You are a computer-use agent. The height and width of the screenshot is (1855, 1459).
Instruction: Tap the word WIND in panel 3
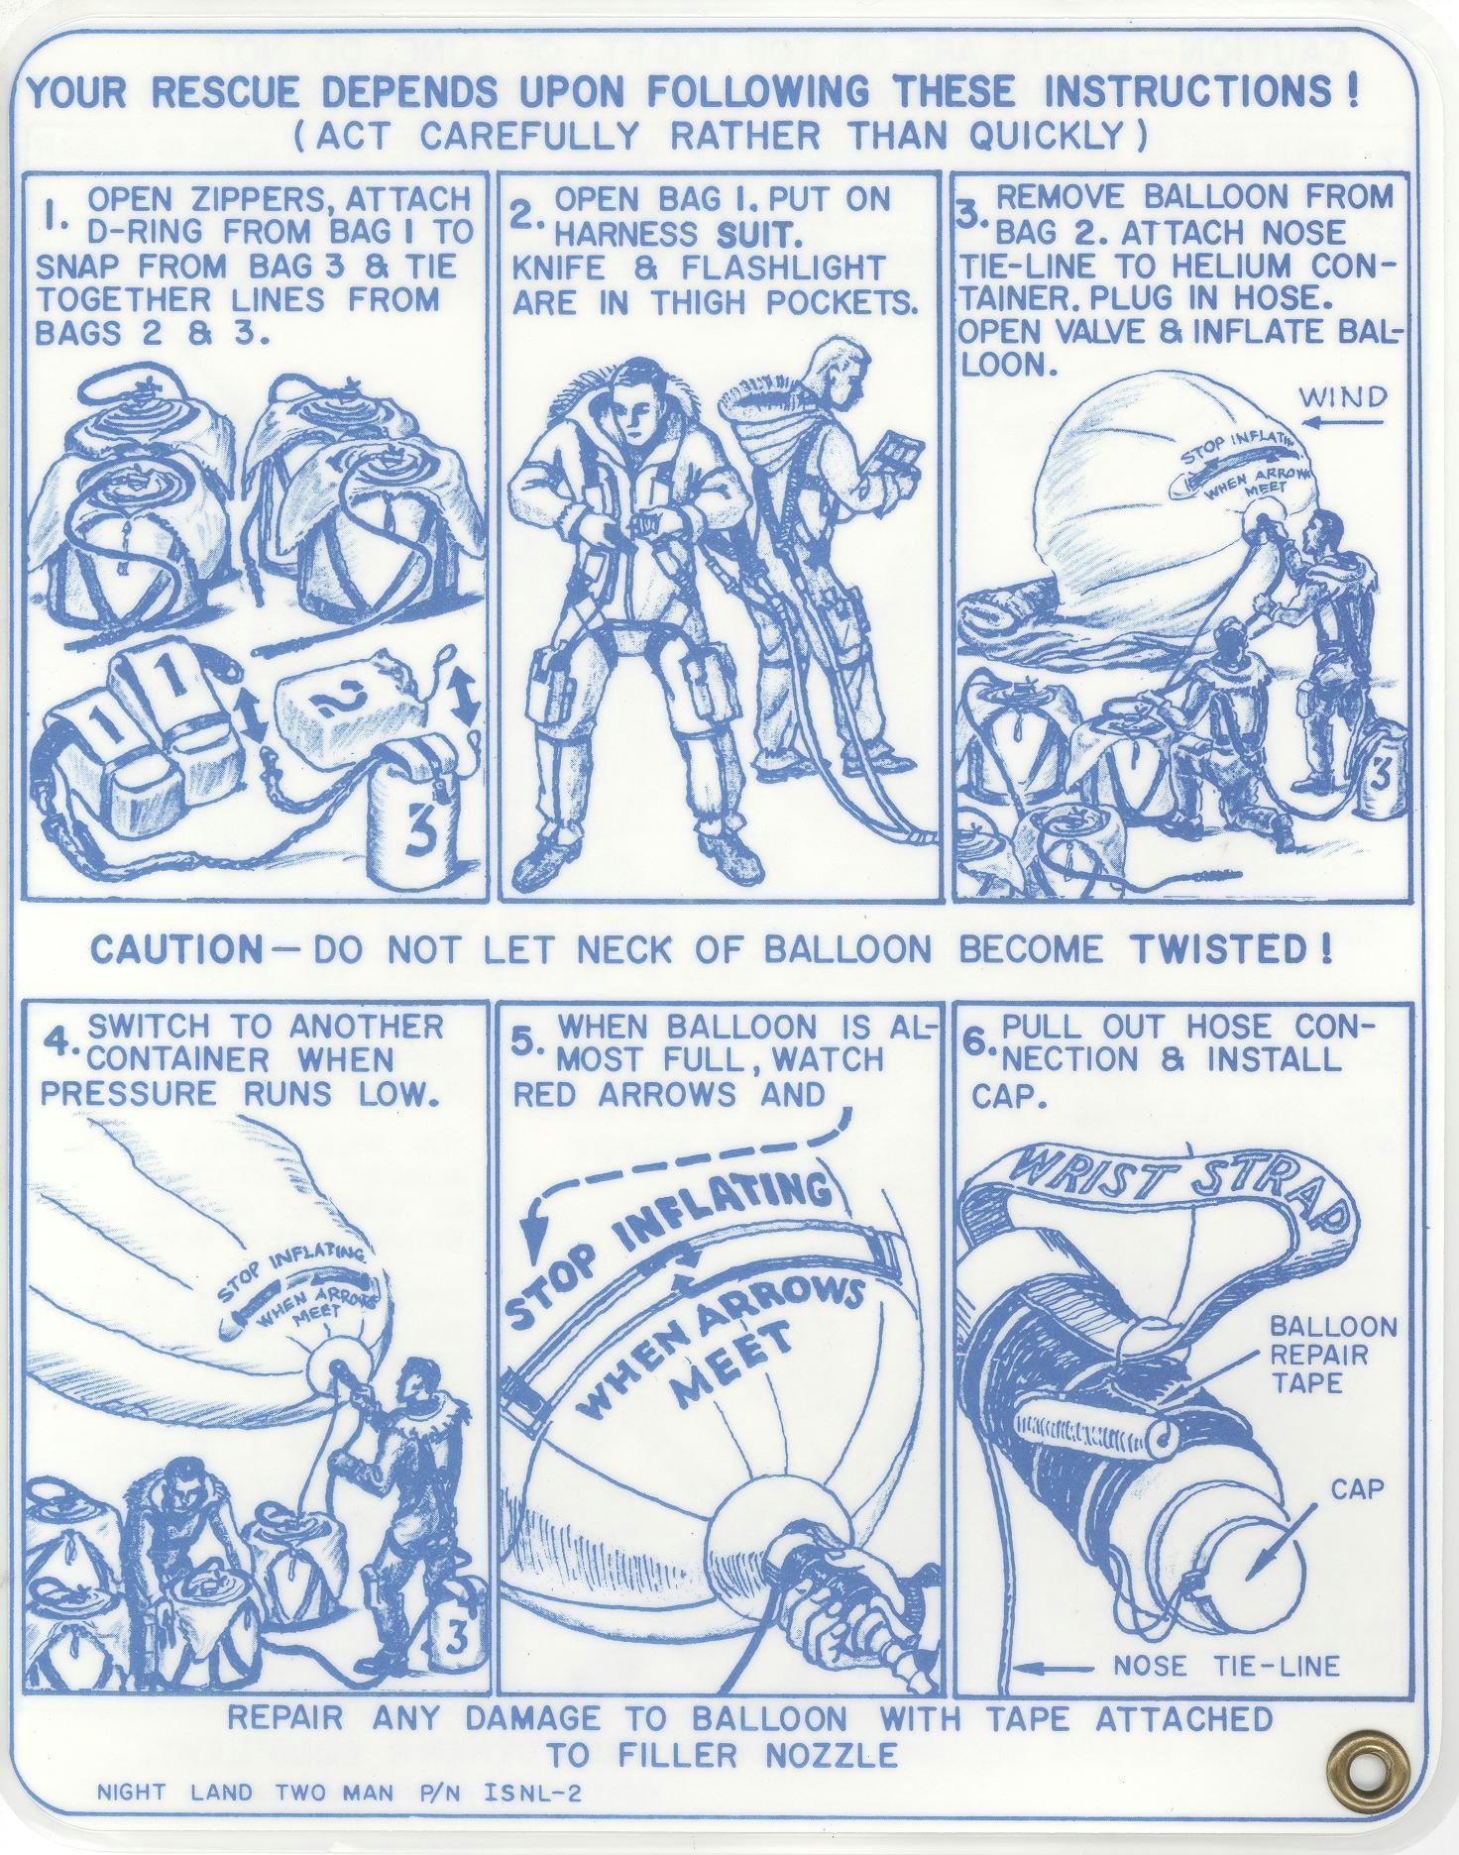[1343, 398]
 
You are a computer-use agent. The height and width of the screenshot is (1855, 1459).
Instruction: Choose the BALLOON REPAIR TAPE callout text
[1332, 1354]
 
